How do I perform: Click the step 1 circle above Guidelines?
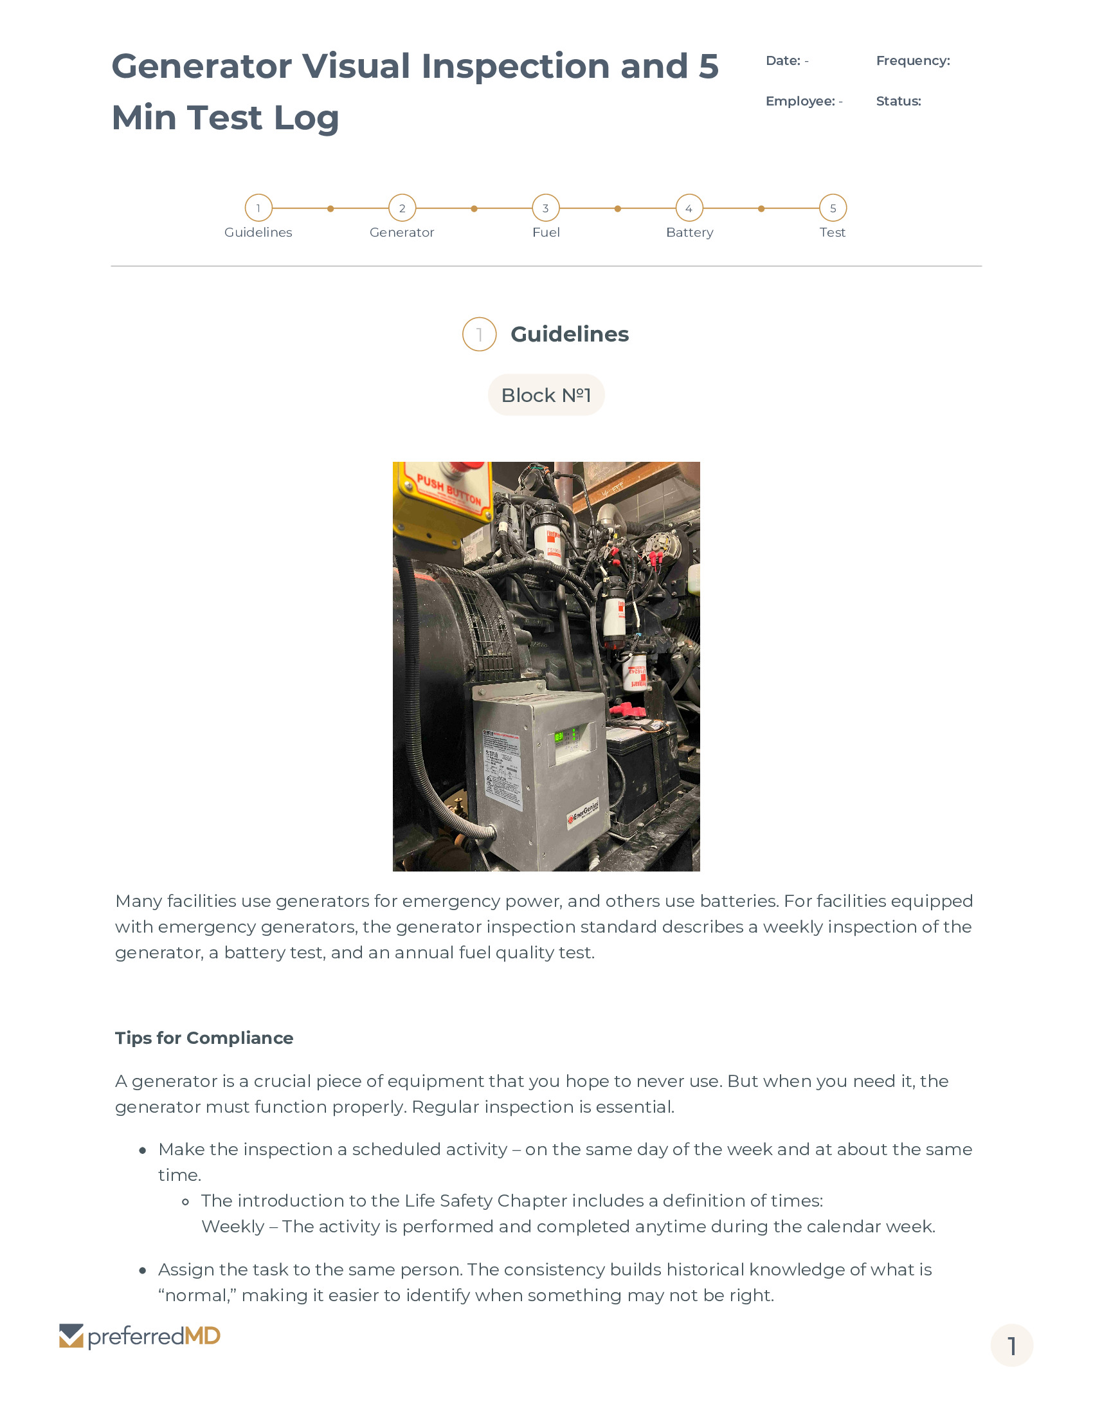pyautogui.click(x=258, y=208)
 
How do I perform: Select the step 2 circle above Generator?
pyautogui.click(x=402, y=208)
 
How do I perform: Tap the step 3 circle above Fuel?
pyautogui.click(x=546, y=208)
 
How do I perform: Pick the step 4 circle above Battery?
pyautogui.click(x=689, y=208)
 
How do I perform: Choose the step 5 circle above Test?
pyautogui.click(x=833, y=208)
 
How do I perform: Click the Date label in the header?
pyautogui.click(x=783, y=61)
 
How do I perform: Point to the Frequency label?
pyautogui.click(x=912, y=61)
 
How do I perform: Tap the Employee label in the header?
pyautogui.click(x=800, y=101)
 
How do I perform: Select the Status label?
pyautogui.click(x=898, y=101)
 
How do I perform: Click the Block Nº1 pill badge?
pyautogui.click(x=546, y=394)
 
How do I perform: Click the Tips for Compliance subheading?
pyautogui.click(x=204, y=1038)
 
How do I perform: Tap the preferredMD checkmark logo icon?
pyautogui.click(x=71, y=1336)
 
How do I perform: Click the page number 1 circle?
pyautogui.click(x=1011, y=1346)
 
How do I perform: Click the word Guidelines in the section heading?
pyautogui.click(x=569, y=334)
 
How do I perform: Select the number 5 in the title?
pyautogui.click(x=709, y=67)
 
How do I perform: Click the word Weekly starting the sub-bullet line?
pyautogui.click(x=233, y=1227)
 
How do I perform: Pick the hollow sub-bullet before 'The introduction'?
pyautogui.click(x=185, y=1202)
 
